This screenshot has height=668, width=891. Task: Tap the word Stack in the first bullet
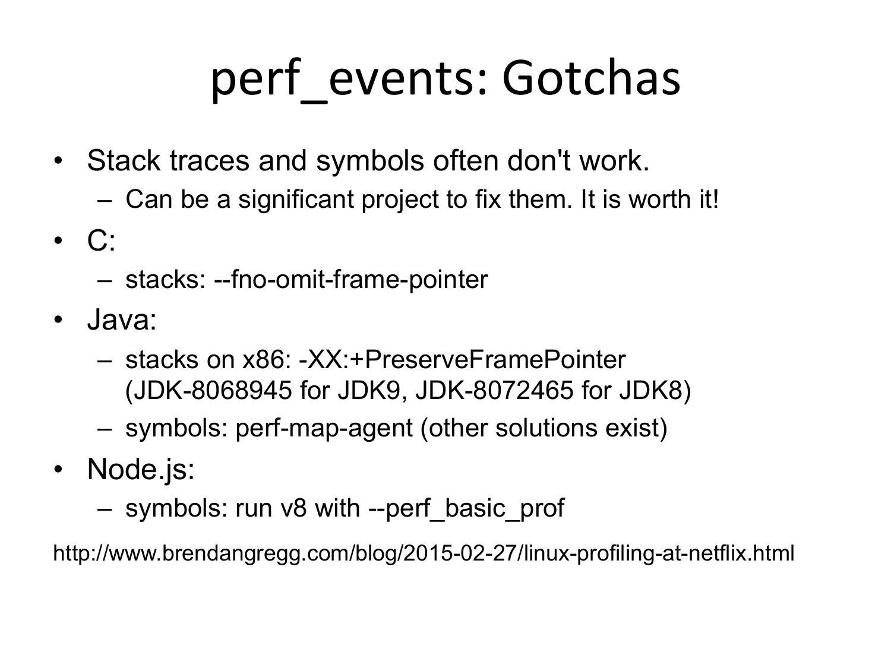coord(124,160)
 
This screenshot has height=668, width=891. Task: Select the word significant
coord(296,200)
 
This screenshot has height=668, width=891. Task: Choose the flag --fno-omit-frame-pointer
coord(351,280)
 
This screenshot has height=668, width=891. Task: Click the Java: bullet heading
coord(122,319)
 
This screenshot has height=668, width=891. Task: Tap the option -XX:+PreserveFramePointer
coord(462,359)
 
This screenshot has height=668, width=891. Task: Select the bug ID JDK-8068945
coord(208,391)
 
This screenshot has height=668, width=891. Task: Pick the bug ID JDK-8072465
coord(494,391)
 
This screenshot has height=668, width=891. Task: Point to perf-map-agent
coord(324,428)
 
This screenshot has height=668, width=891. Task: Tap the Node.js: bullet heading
coord(141,470)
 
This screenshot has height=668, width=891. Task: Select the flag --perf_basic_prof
coord(466,509)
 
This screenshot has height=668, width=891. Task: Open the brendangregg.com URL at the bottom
coord(424,553)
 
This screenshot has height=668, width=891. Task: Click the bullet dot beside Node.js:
coord(58,470)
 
